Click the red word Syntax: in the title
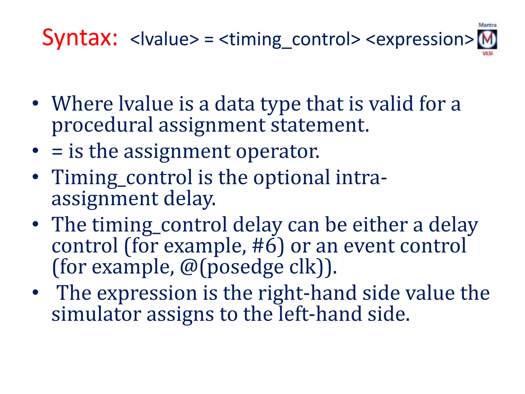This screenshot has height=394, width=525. pos(80,38)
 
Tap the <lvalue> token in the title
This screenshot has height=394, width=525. pos(164,40)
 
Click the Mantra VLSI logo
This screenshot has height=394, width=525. pos(487,39)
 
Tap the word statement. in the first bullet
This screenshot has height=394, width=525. pos(320,125)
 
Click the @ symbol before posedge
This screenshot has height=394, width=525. pos(189,267)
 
